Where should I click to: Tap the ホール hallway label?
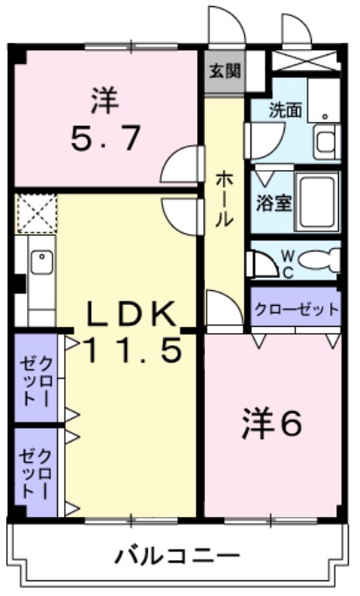224,197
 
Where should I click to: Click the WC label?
287,262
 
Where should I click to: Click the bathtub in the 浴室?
316,199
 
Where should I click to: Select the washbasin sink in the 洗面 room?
325,140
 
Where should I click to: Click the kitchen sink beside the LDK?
39,262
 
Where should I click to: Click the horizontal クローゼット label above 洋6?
294,309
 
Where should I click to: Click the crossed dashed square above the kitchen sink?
36,213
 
